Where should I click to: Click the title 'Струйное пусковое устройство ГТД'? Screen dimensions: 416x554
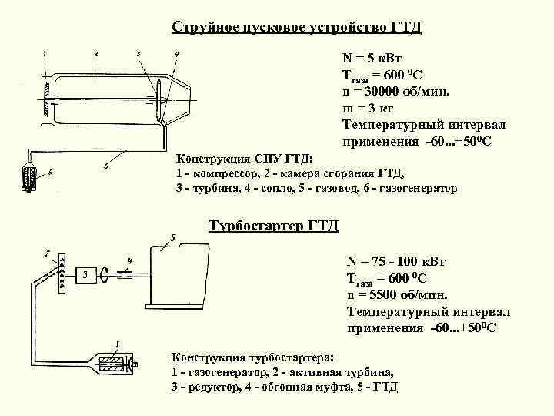point(297,28)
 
